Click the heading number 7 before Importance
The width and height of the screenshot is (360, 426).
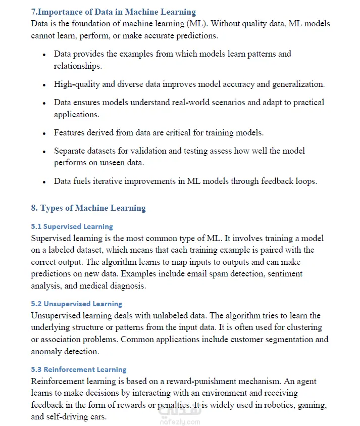pyautogui.click(x=33, y=12)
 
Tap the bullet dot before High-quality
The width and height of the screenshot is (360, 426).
pyautogui.click(x=44, y=85)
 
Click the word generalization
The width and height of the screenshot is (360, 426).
pyautogui.click(x=298, y=84)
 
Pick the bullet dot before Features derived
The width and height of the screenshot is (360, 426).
pyautogui.click(x=44, y=133)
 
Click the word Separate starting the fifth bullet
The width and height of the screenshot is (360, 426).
pyautogui.click(x=71, y=151)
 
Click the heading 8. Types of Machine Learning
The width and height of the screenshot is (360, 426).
pyautogui.click(x=88, y=208)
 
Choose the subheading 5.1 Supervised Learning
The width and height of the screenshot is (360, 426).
pyautogui.click(x=72, y=226)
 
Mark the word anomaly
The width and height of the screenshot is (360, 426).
pyautogui.click(x=46, y=352)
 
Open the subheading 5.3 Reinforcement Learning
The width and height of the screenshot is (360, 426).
pyautogui.click(x=79, y=369)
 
